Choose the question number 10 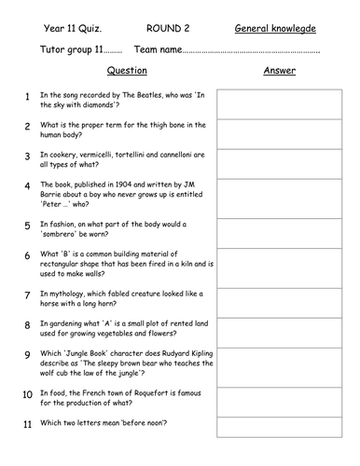[x=29, y=395]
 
